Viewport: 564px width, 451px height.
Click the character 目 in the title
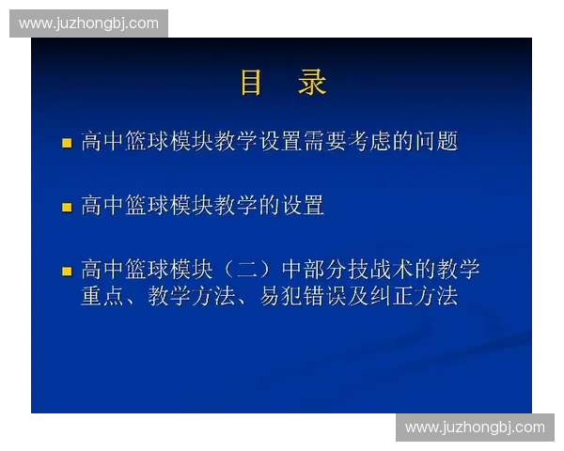(x=250, y=83)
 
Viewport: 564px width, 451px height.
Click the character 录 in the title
(x=312, y=83)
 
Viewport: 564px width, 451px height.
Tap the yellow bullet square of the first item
(x=67, y=144)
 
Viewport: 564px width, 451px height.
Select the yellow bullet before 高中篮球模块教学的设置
(x=67, y=207)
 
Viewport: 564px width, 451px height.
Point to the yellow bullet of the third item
(x=67, y=272)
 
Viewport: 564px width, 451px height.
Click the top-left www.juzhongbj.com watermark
(x=89, y=23)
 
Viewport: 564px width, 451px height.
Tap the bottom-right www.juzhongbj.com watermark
(x=475, y=428)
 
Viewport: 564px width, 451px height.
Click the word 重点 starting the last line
(x=102, y=297)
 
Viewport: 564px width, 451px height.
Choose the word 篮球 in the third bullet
(x=148, y=271)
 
